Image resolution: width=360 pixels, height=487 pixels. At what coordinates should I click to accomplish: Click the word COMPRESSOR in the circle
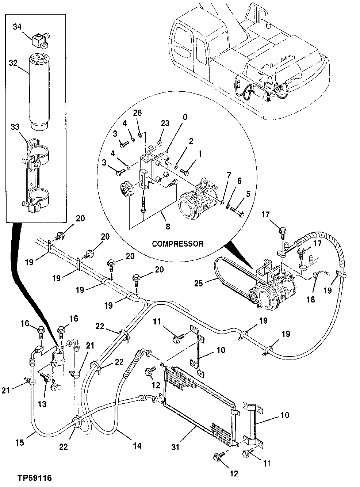pos(177,244)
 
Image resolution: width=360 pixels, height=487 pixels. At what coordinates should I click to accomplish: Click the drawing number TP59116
pos(35,478)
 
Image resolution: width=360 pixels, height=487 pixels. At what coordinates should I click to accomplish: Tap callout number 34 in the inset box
pos(17,27)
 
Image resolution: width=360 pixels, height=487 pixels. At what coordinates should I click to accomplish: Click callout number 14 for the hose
pos(137,446)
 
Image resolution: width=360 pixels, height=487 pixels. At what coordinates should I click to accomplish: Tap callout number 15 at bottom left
pos(20,442)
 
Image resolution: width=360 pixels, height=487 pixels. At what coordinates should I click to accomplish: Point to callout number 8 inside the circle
pos(168,226)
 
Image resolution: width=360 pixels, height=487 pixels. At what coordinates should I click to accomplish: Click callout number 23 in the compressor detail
pos(165,123)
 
